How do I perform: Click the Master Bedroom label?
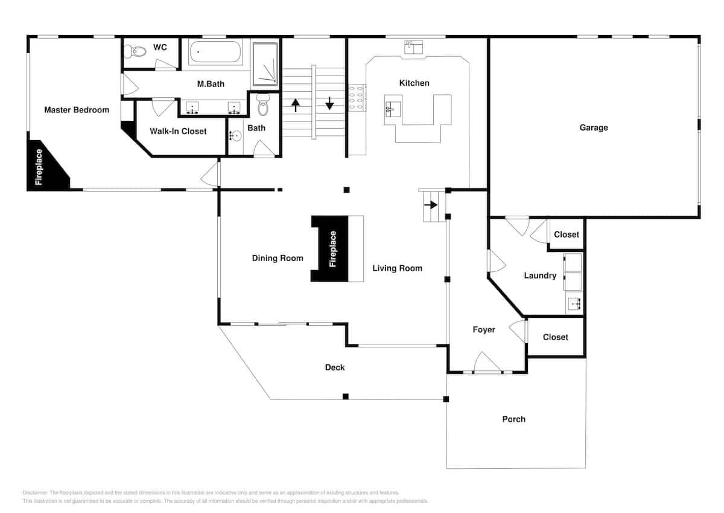coord(77,110)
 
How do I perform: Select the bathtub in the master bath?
coord(215,53)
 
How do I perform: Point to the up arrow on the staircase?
coord(296,105)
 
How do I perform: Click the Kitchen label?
coord(414,83)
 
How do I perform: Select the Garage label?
coord(594,127)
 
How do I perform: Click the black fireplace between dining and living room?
coord(331,248)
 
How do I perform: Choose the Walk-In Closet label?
coord(178,131)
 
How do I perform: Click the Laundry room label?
coord(540,276)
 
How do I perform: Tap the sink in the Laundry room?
coord(574,304)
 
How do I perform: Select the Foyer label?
coord(484,329)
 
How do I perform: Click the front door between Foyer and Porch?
coord(487,366)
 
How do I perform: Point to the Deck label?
coord(335,367)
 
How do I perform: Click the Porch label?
coord(513,419)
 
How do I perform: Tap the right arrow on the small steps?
coord(431,205)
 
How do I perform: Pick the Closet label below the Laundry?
coord(555,337)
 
